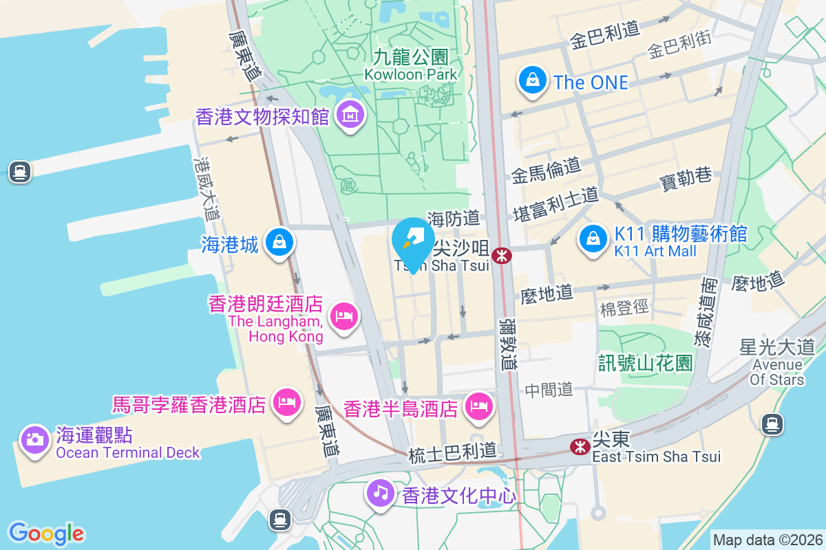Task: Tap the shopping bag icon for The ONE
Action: tap(533, 80)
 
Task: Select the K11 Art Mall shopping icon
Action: tap(592, 239)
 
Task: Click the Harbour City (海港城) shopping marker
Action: tap(279, 242)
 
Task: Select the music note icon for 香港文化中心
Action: tap(380, 492)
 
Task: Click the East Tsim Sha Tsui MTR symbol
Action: tap(580, 447)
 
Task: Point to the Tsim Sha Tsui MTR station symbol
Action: tap(502, 256)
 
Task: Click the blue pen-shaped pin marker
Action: tap(413, 241)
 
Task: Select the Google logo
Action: tap(46, 533)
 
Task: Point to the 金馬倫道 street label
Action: tap(547, 170)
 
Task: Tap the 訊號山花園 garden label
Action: tap(645, 363)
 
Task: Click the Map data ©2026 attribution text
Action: tap(767, 540)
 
